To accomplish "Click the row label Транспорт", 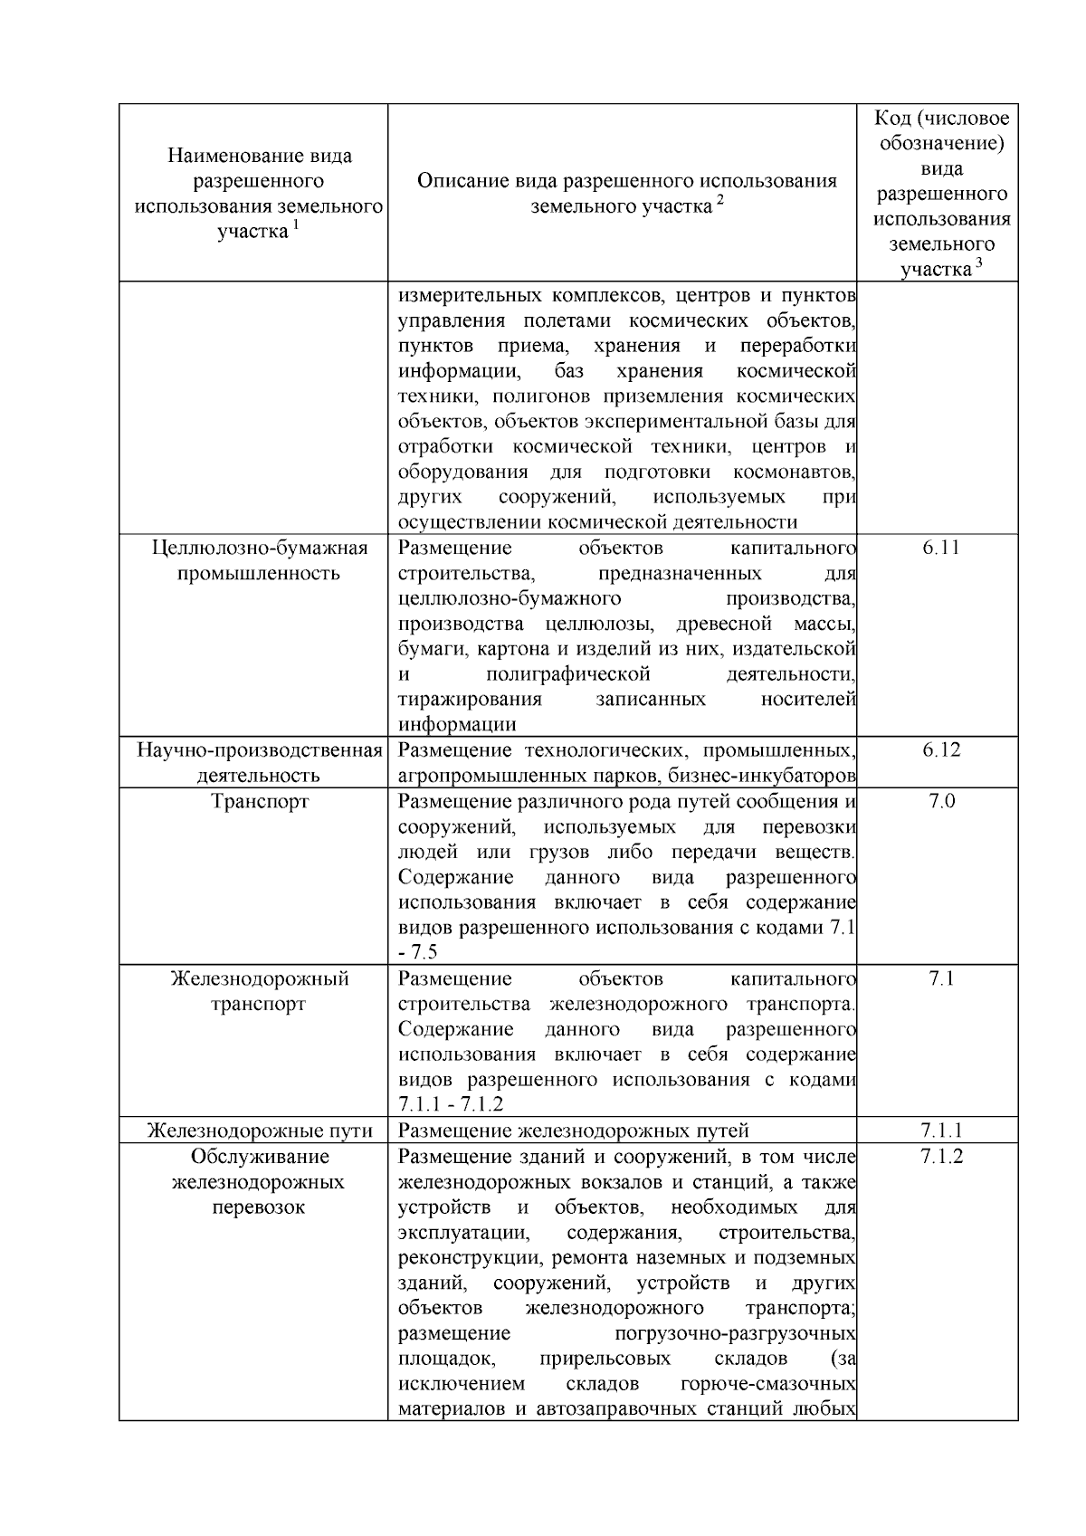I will pos(260,801).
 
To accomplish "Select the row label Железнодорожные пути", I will pos(260,1131).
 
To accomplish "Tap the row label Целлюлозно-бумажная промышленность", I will pos(260,560).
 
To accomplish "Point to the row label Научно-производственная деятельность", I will pos(260,762).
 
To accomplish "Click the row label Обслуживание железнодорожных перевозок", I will pos(260,1182).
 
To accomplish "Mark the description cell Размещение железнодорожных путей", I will pos(574,1131).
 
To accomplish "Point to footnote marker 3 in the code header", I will pos(978,263).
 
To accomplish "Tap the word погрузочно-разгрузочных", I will pos(735,1334).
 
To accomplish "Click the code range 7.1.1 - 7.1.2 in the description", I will pos(451,1105).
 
